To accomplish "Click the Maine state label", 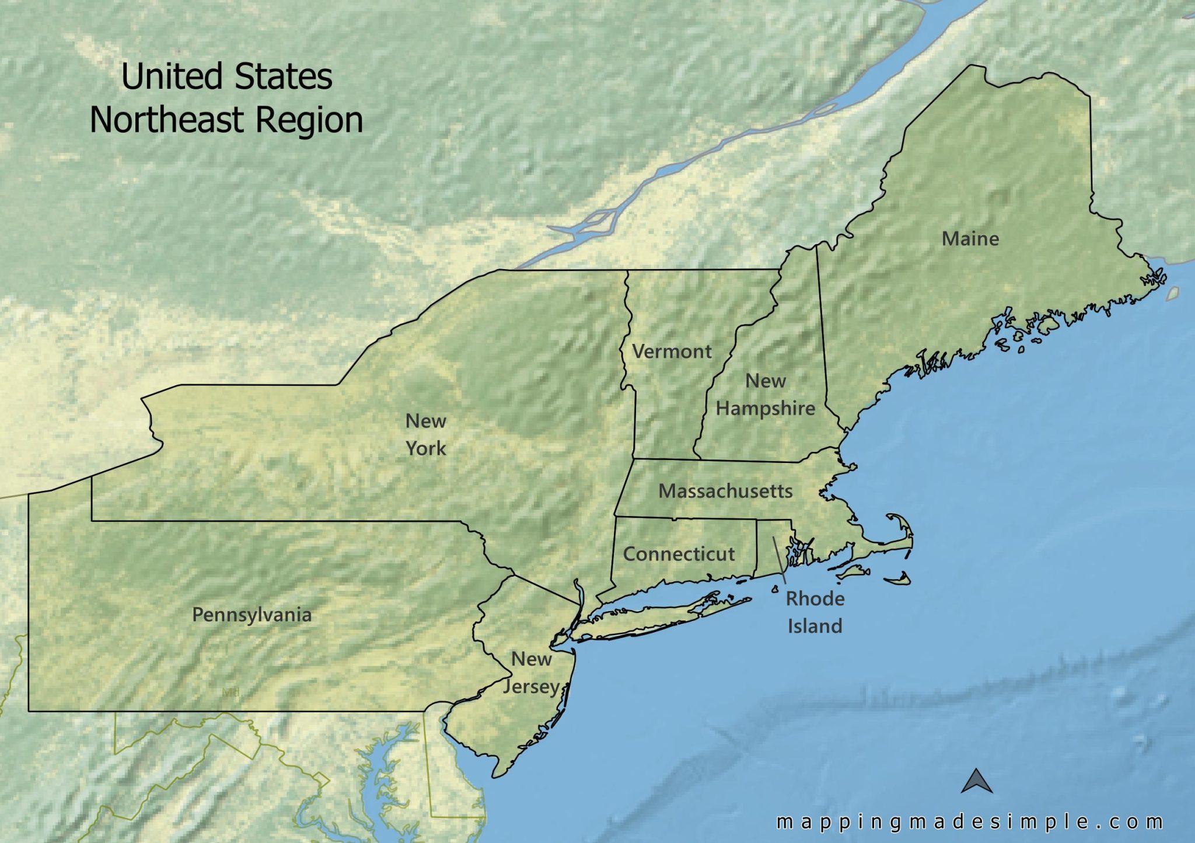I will (x=970, y=239).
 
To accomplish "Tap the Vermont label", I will (x=672, y=351).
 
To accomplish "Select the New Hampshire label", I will (x=765, y=395).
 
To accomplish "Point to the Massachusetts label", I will (x=725, y=491).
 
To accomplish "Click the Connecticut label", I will (x=679, y=554).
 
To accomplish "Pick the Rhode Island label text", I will (x=815, y=612).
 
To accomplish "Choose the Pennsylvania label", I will (x=251, y=615).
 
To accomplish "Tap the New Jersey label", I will (x=531, y=673).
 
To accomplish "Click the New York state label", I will (x=425, y=434).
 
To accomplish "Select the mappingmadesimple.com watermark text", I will (x=969, y=822).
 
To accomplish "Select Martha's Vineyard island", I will (x=854, y=572).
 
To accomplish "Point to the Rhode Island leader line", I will (x=780, y=560).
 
